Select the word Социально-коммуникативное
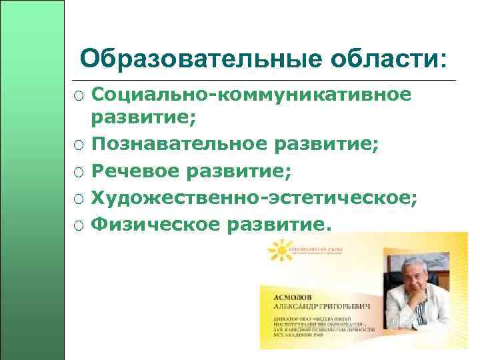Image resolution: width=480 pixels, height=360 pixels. click(x=251, y=95)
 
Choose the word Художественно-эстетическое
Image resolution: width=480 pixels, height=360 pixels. click(x=253, y=198)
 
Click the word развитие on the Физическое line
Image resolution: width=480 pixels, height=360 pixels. click(x=279, y=225)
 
